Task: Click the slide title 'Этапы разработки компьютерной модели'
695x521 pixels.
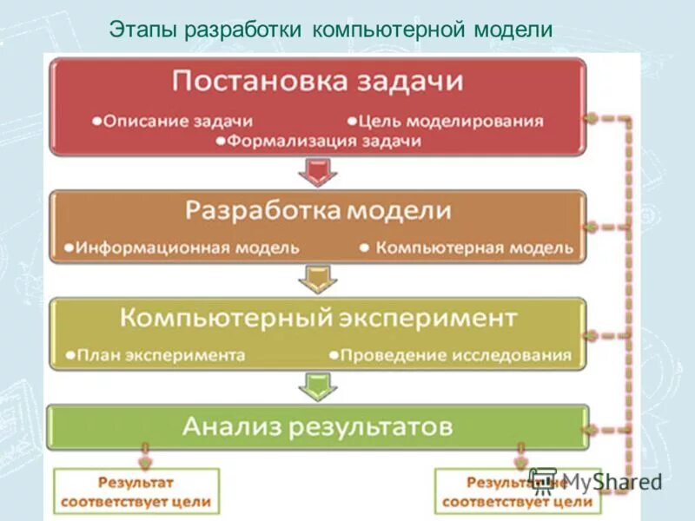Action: (331, 29)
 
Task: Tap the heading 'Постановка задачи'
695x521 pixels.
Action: (318, 82)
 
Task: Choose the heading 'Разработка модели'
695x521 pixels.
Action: (319, 211)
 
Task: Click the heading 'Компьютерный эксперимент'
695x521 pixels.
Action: (318, 317)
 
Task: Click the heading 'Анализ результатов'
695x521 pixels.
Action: (318, 426)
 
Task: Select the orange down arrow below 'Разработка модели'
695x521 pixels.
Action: (317, 280)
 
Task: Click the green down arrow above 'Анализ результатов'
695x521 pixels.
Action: (317, 386)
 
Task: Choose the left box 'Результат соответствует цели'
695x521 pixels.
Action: (136, 491)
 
